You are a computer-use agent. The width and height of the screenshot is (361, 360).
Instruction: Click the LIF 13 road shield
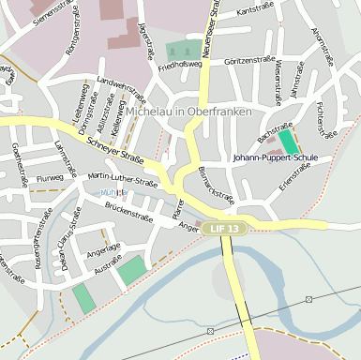pyautogui.click(x=225, y=228)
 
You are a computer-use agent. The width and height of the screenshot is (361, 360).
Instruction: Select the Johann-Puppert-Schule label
pyautogui.click(x=275, y=157)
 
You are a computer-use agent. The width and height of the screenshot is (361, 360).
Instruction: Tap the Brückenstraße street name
pyautogui.click(x=128, y=209)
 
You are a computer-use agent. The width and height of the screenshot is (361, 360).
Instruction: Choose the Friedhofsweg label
pyautogui.click(x=180, y=67)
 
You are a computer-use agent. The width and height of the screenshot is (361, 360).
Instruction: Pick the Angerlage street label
pyautogui.click(x=103, y=249)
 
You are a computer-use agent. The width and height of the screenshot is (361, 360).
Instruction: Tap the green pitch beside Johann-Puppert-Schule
pyautogui.click(x=289, y=142)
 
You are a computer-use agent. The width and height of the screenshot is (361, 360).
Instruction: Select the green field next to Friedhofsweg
pyautogui.click(x=183, y=51)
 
